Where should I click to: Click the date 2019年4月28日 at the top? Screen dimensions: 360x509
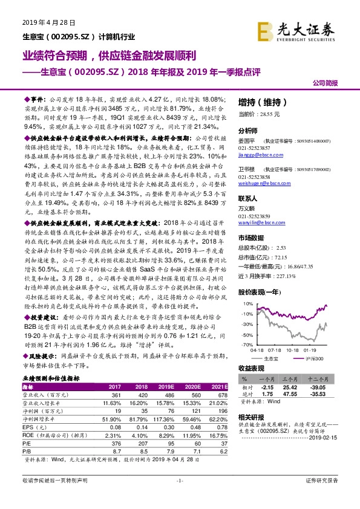pyautogui.click(x=50, y=22)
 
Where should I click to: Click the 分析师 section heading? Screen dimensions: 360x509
pyautogui.click(x=248, y=131)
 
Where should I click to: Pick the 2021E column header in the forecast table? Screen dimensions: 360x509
pyautogui.click(x=220, y=386)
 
